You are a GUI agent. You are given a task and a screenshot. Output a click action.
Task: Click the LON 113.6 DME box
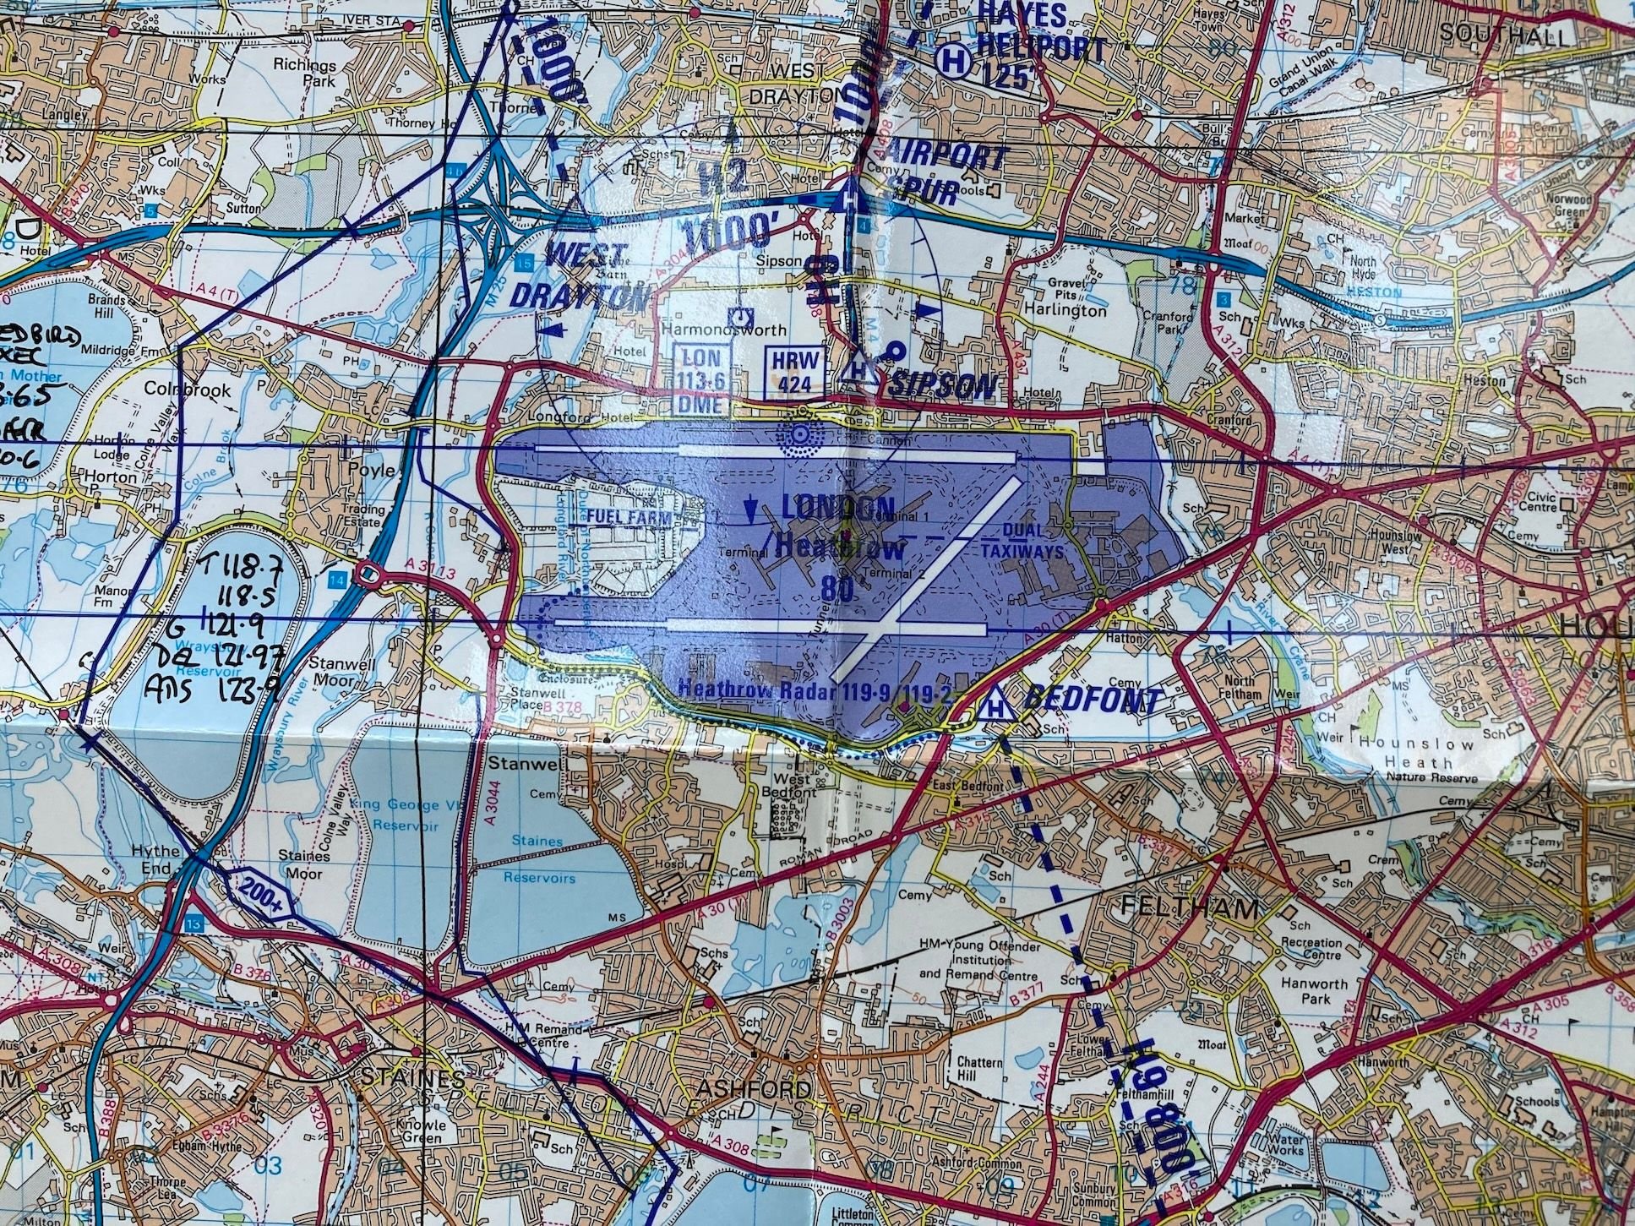pos(701,379)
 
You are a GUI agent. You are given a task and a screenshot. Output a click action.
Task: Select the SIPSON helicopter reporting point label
pos(942,386)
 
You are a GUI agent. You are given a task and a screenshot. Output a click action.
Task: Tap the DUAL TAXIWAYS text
pos(1027,538)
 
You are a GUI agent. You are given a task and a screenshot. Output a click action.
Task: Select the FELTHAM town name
pos(1179,908)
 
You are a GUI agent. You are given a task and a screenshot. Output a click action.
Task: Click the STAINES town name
pos(412,1078)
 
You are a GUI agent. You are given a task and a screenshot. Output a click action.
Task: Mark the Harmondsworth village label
pos(717,330)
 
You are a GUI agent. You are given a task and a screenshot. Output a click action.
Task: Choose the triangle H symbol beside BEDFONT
pos(997,703)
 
